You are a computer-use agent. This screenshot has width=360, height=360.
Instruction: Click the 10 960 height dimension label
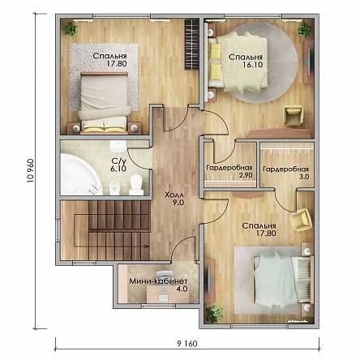tap(31, 170)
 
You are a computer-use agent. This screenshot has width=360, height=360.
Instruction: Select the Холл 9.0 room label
tap(174, 199)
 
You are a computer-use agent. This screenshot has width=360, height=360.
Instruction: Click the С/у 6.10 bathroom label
tap(119, 165)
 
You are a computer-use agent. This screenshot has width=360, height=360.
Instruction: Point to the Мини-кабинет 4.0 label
tap(158, 285)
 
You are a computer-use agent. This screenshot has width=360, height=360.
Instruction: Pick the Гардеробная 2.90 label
tap(229, 171)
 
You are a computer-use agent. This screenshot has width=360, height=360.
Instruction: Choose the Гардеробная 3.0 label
tap(286, 173)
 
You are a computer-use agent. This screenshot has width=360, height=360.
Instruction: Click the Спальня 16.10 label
tap(246, 61)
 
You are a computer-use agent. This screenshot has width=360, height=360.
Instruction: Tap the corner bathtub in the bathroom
tap(80, 174)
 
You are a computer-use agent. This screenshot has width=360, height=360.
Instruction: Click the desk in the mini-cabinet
tap(164, 294)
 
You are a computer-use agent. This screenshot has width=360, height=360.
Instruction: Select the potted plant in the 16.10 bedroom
tap(305, 29)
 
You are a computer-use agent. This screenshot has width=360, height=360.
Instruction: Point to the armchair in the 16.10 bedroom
tap(293, 116)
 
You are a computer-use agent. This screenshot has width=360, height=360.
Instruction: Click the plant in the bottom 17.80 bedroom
tap(214, 314)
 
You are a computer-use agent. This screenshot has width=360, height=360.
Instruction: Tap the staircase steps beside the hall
tap(119, 230)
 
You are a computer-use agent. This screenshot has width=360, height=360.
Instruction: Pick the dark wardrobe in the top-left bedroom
tap(192, 44)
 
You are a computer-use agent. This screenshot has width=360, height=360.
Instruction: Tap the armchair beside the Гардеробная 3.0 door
tap(300, 220)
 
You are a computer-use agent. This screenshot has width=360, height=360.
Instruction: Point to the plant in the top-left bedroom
tap(71, 28)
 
